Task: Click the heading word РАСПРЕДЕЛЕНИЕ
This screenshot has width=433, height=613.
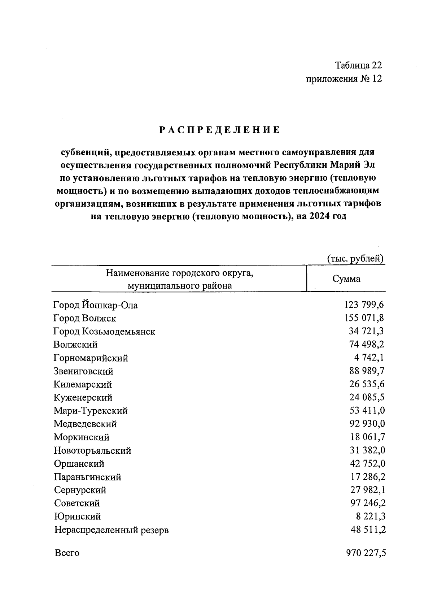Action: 220,130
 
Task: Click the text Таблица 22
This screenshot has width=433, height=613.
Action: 358,65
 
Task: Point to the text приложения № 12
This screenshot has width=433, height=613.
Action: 344,79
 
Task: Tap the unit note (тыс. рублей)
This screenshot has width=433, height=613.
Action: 355,259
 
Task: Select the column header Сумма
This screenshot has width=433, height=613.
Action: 346,279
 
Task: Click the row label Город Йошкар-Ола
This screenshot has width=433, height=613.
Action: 96,305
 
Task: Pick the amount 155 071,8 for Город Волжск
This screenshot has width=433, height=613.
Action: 364,318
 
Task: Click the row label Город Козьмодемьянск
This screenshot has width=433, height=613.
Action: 104,332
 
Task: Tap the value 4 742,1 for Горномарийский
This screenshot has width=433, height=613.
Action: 369,358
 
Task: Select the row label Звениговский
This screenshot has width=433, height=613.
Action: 83,371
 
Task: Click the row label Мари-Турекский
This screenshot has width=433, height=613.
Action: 91,411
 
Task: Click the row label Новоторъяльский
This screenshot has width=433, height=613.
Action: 92,451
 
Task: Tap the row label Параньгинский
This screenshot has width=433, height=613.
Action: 88,477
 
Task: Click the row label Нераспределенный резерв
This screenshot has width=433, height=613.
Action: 111,530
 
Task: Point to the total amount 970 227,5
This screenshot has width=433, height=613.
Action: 366,553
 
